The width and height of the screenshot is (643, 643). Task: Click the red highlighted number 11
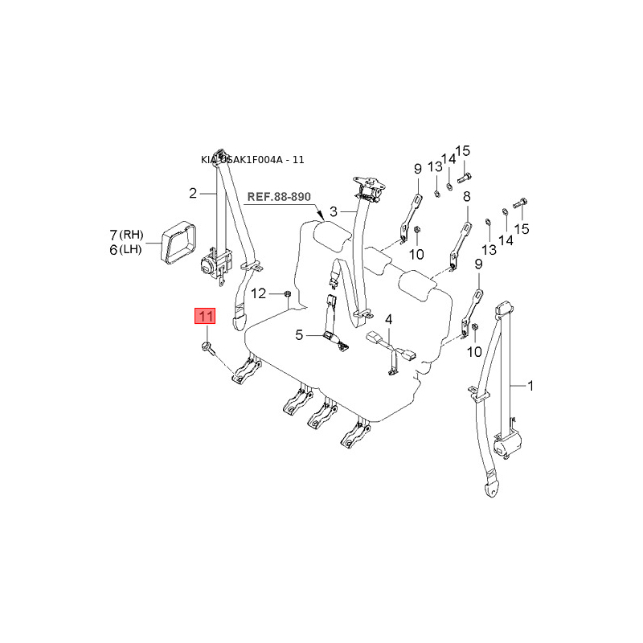coord(206,316)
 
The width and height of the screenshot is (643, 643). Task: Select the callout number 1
coord(530,386)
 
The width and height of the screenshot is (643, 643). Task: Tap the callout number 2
coord(193,193)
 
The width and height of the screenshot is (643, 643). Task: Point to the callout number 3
coord(321,213)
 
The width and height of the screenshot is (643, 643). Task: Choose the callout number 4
coord(388,319)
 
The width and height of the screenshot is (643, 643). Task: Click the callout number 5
coord(299,335)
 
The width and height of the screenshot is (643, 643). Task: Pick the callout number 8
coord(466,197)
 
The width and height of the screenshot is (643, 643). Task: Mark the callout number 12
coord(259,293)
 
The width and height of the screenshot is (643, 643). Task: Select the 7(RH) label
coord(126,235)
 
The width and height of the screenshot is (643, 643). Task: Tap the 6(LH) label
coord(126,250)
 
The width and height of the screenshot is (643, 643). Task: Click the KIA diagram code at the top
coord(252,160)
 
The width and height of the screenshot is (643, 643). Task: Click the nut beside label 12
coord(287,294)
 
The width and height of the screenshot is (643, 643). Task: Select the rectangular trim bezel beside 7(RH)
coord(178,240)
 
